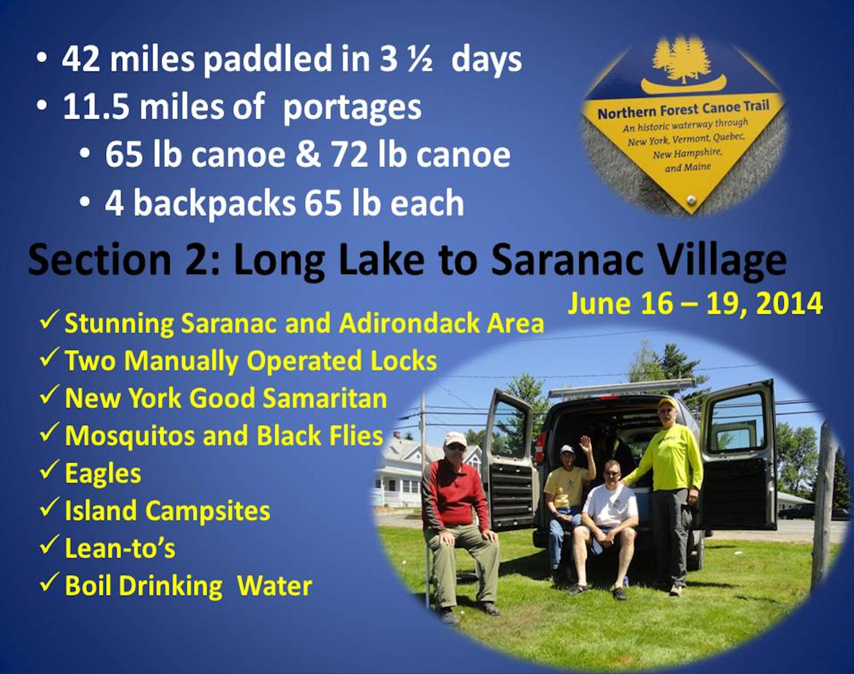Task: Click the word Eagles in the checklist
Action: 103,473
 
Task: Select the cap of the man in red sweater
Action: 455,439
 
